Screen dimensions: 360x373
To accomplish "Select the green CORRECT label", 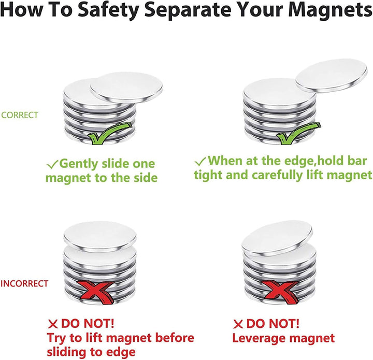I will pos(20,115).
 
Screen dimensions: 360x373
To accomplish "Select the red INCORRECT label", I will pos(24,283).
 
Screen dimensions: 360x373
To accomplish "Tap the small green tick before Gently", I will pos(52,164).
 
